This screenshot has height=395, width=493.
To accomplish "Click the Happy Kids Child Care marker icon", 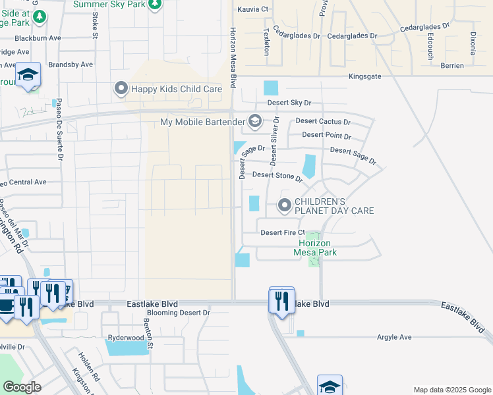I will tap(121, 88).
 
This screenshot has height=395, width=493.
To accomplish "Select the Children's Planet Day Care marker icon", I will tap(285, 205).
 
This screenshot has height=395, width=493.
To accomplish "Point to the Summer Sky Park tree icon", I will tap(154, 5).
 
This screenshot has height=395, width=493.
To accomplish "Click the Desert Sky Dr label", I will tap(289, 103).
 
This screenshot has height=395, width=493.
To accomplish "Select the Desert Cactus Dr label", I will tap(323, 121).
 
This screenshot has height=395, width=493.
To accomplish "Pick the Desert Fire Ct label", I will tap(283, 232).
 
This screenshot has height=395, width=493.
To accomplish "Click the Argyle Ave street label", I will tap(393, 337).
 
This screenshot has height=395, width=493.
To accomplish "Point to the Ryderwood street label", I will tap(125, 338).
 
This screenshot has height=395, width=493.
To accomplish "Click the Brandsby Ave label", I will tap(71, 65).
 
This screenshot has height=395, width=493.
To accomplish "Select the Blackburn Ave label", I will tap(38, 38).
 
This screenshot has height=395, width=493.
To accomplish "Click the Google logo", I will tap(22, 387).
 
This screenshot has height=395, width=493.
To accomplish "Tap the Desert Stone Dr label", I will tap(277, 175).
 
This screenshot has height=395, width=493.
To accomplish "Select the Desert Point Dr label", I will tap(326, 135).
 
